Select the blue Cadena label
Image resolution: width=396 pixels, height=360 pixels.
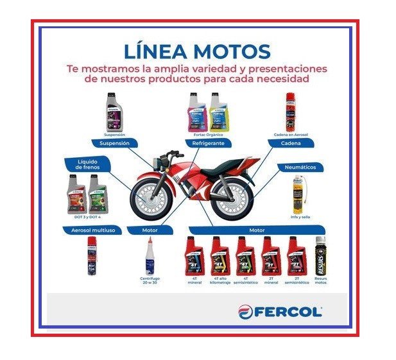point(291,144)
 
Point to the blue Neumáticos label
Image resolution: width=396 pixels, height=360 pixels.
point(300,167)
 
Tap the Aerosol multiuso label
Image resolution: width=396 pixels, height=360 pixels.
point(92,229)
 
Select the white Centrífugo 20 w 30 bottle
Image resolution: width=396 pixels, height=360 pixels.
point(149,255)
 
